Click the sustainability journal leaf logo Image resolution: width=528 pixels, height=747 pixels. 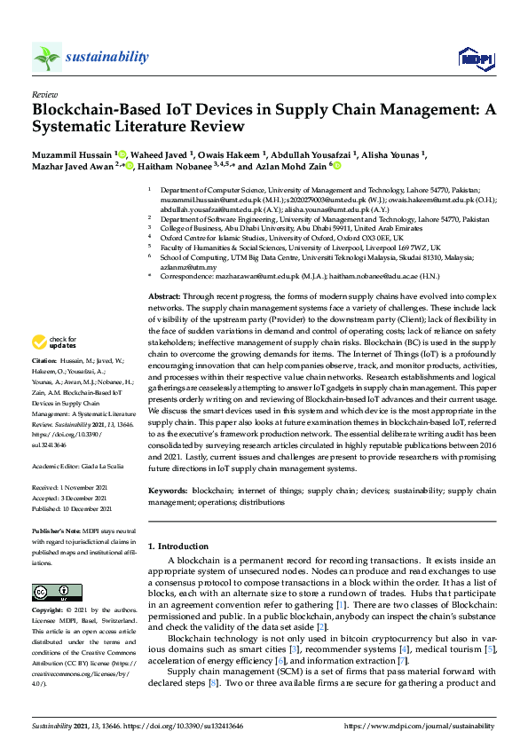tap(46, 58)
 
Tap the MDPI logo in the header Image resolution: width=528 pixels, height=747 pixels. tap(475, 59)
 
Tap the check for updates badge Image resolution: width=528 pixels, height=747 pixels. tap(53, 367)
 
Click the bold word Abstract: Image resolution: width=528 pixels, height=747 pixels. tap(164, 295)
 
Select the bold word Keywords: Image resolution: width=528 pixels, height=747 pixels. tap(168, 491)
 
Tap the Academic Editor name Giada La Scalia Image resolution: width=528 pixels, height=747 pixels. tap(104, 466)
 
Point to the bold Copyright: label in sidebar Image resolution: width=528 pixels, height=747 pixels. tap(50, 612)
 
